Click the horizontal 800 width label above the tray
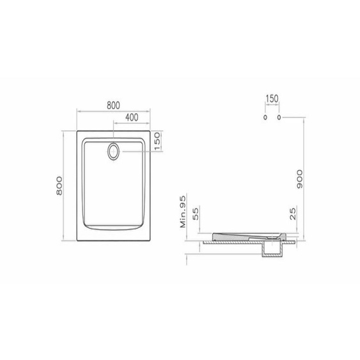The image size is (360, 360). point(113,106)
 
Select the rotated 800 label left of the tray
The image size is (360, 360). point(59,185)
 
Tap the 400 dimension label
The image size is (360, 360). point(132,117)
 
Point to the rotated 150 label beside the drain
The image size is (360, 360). point(157,141)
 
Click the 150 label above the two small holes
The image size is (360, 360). point(272,98)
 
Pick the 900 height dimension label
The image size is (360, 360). point(300,179)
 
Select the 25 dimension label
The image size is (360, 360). point(293,214)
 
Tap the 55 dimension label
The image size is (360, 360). point(196,214)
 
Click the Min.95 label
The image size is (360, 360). point(183,212)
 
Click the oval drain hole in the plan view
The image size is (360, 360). point(113,152)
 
